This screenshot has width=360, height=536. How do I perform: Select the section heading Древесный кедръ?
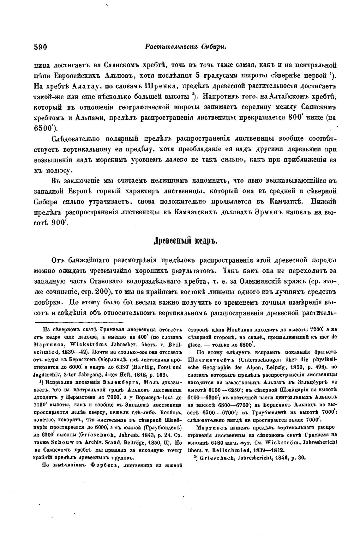[186, 241]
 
